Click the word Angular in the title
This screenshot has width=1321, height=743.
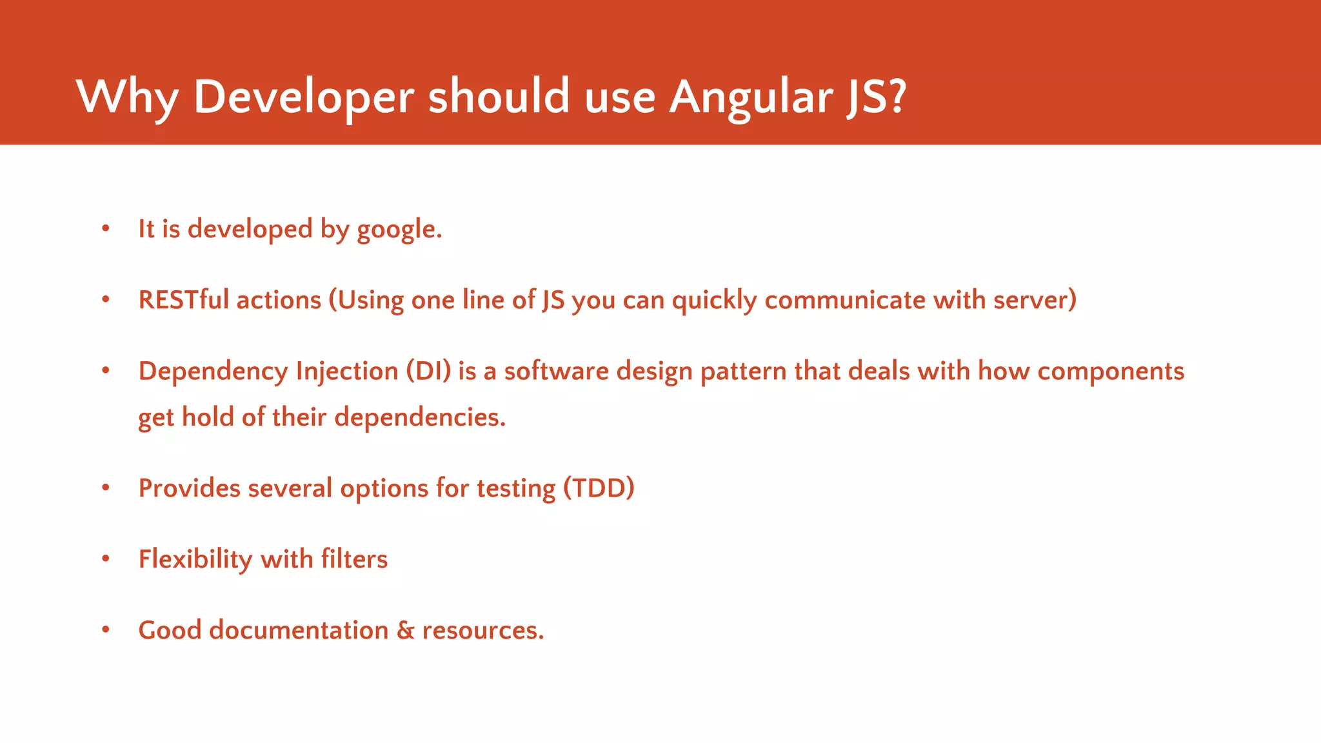point(751,97)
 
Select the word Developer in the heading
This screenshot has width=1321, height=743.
point(303,97)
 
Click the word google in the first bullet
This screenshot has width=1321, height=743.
point(399,230)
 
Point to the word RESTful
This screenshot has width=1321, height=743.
point(184,300)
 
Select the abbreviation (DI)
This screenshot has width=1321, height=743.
point(428,371)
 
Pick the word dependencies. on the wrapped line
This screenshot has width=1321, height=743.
point(420,417)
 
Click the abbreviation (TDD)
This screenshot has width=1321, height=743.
point(599,488)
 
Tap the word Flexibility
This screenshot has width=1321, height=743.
point(195,559)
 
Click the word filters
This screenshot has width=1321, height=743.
point(354,559)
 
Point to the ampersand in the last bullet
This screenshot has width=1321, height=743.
point(405,630)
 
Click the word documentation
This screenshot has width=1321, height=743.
point(299,630)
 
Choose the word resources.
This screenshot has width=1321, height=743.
point(483,631)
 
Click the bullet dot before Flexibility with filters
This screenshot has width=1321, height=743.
point(106,558)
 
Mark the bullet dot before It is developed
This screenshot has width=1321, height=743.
point(106,228)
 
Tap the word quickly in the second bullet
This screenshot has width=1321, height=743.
point(714,301)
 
